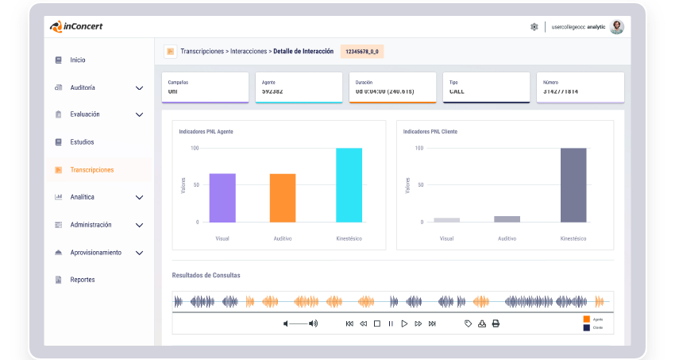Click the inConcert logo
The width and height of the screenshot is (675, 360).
pyautogui.click(x=76, y=26)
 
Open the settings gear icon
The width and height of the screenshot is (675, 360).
pyautogui.click(x=534, y=27)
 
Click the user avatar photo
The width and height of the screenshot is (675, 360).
pyautogui.click(x=616, y=26)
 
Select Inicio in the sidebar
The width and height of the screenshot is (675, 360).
pyautogui.click(x=77, y=60)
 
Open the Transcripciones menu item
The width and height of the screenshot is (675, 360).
pyautogui.click(x=91, y=169)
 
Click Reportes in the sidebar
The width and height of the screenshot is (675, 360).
pyautogui.click(x=82, y=280)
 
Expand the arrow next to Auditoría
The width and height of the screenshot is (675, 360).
pyautogui.click(x=139, y=87)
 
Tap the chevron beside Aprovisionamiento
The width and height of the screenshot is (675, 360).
pyautogui.click(x=139, y=253)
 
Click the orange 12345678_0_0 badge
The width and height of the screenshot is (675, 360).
pyautogui.click(x=362, y=52)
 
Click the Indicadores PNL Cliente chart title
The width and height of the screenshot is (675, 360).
pyautogui.click(x=430, y=131)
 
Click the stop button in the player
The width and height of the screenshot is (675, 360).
pyautogui.click(x=377, y=323)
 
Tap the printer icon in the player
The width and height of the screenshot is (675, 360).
pyautogui.click(x=496, y=323)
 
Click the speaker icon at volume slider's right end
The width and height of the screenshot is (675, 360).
pyautogui.click(x=314, y=323)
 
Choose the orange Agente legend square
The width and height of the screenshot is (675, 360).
pyautogui.click(x=587, y=319)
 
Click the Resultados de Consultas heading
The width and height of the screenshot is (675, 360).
pyautogui.click(x=206, y=275)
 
